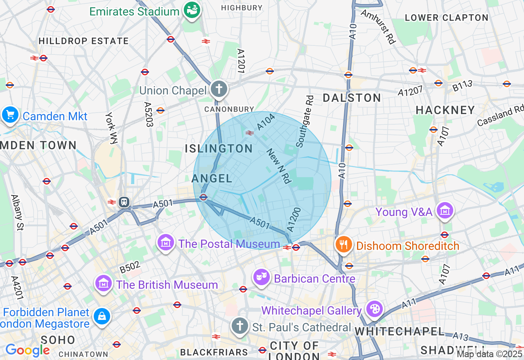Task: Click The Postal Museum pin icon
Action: pos(166,243)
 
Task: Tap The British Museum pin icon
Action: pos(104,283)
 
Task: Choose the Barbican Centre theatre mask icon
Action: pos(261,277)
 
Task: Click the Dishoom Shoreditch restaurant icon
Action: pos(343,245)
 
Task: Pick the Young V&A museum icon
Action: pos(444,211)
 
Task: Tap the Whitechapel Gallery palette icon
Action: pos(373,309)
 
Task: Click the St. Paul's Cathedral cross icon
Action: pos(239,326)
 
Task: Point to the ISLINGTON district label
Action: pos(219,148)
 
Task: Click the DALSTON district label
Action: pos(352,98)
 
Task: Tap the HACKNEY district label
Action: pos(445,110)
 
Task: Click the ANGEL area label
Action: pos(212,178)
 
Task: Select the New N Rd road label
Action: pos(279,165)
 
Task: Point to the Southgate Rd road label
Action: pos(305,122)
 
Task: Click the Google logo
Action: pos(27,350)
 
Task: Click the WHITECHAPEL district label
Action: pos(400,331)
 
